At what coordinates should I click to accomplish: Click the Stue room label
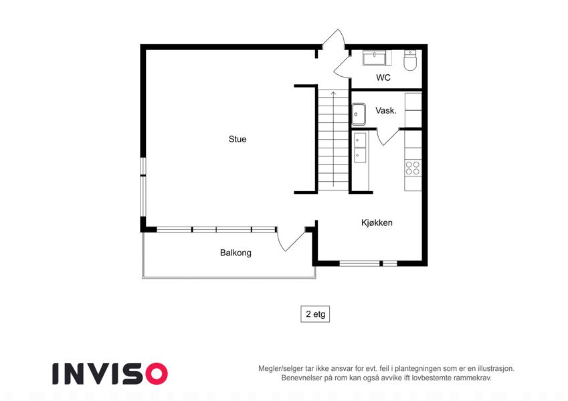click(x=238, y=139)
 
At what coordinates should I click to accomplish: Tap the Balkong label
click(x=235, y=253)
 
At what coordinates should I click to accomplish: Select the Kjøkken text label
click(x=377, y=223)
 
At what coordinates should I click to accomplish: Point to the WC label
click(x=383, y=78)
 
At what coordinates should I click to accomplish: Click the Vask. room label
click(x=386, y=110)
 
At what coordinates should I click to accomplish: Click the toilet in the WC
click(x=410, y=60)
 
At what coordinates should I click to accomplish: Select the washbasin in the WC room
click(x=375, y=58)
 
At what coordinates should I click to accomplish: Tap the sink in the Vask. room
click(x=359, y=114)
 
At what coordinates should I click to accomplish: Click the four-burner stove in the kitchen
click(x=413, y=168)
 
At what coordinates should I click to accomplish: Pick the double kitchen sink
click(x=360, y=148)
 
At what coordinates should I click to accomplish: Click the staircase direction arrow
click(x=333, y=138)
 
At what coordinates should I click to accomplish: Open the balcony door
click(x=291, y=239)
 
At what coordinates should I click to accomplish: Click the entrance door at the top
click(x=334, y=39)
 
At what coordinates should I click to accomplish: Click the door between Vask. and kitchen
click(x=387, y=136)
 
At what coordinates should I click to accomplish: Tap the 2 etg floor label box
click(x=315, y=314)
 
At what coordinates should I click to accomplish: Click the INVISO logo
click(x=110, y=374)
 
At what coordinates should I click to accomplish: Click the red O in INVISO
click(x=157, y=374)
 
